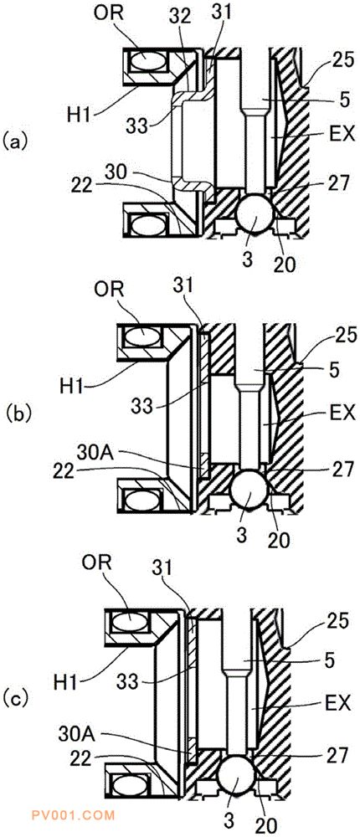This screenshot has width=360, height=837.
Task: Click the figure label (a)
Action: click(13, 142)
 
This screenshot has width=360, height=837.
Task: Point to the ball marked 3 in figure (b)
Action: click(249, 490)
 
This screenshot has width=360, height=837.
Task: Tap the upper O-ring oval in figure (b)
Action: click(142, 336)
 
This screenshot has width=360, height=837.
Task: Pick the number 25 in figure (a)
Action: click(342, 60)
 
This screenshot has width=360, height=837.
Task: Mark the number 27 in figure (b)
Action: click(342, 470)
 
